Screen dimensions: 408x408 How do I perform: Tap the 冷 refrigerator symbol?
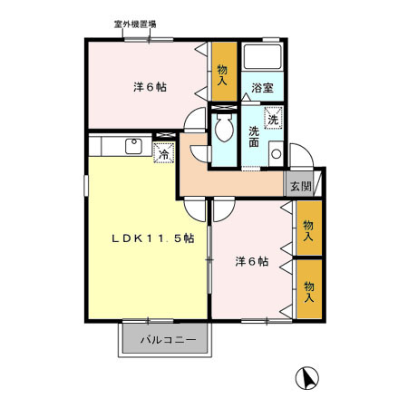point(163,154)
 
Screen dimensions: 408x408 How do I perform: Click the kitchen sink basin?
point(132,144)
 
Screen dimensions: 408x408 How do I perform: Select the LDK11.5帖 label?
point(152,238)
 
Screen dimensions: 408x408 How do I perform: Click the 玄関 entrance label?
point(299,187)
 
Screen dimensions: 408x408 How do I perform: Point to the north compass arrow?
point(308,377)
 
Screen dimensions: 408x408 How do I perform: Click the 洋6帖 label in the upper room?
point(150,87)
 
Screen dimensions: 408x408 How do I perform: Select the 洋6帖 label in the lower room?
point(251,262)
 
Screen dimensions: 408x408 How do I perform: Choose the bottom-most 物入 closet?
point(308,289)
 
